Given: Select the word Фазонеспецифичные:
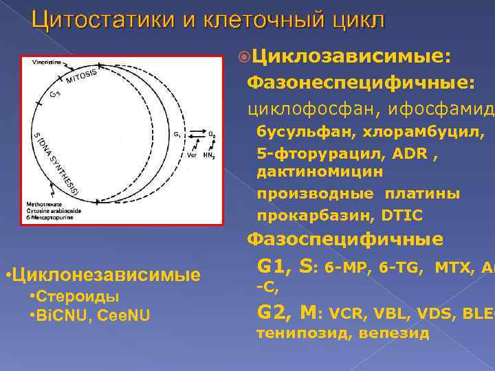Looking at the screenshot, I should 360,84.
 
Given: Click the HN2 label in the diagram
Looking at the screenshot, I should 208,156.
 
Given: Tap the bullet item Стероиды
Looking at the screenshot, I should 79,297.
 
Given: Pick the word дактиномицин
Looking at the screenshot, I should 320,171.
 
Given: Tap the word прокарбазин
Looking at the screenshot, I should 305,215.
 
